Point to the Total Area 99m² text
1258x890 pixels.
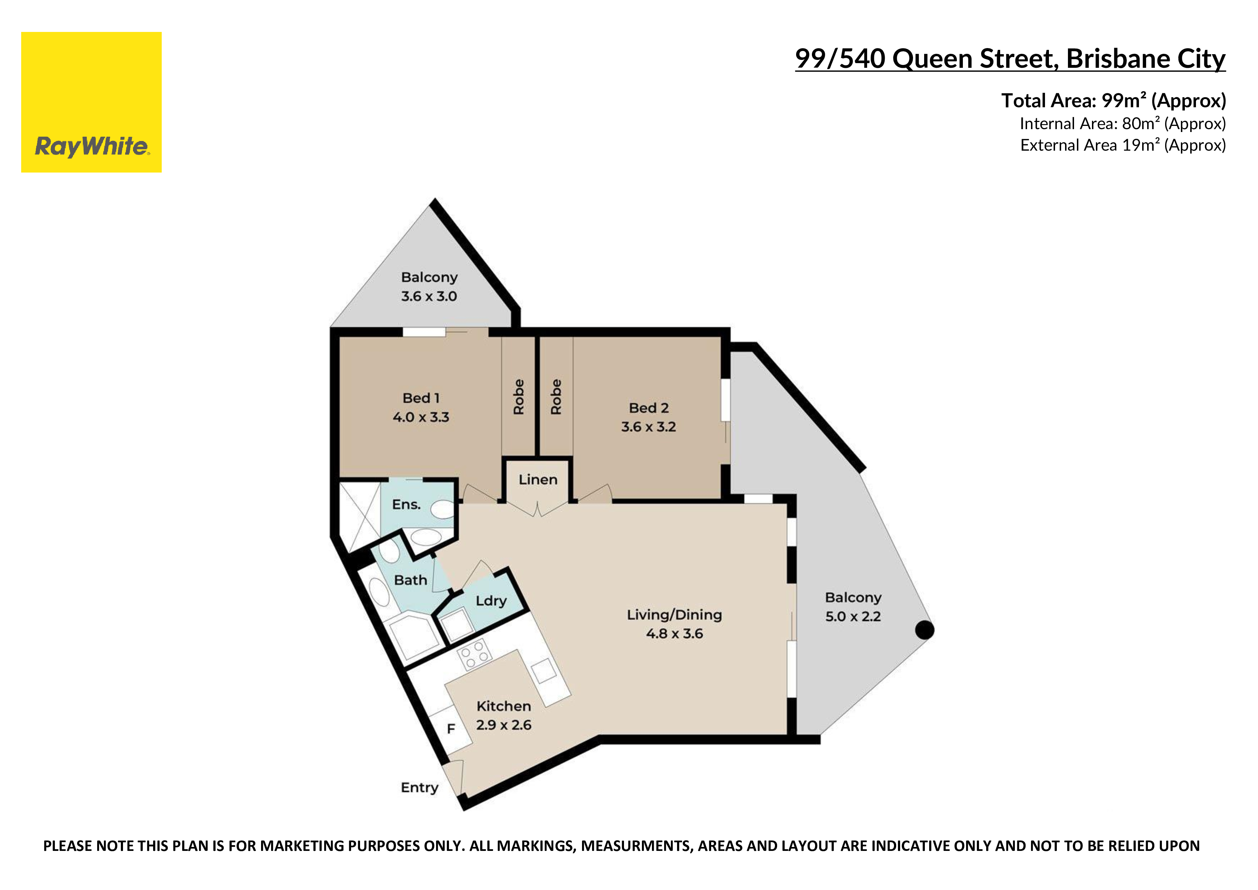1113,100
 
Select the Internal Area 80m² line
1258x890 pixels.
1123,124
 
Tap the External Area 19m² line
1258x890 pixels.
1123,145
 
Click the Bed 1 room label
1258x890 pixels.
421,407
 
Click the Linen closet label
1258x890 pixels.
538,480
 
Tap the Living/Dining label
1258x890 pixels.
675,624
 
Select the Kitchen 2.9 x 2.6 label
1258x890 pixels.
503,715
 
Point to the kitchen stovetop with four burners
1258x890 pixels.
474,654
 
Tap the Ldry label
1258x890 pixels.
491,601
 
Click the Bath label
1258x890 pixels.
410,580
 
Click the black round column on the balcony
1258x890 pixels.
924,630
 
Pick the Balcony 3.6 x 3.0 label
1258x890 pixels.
429,287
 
